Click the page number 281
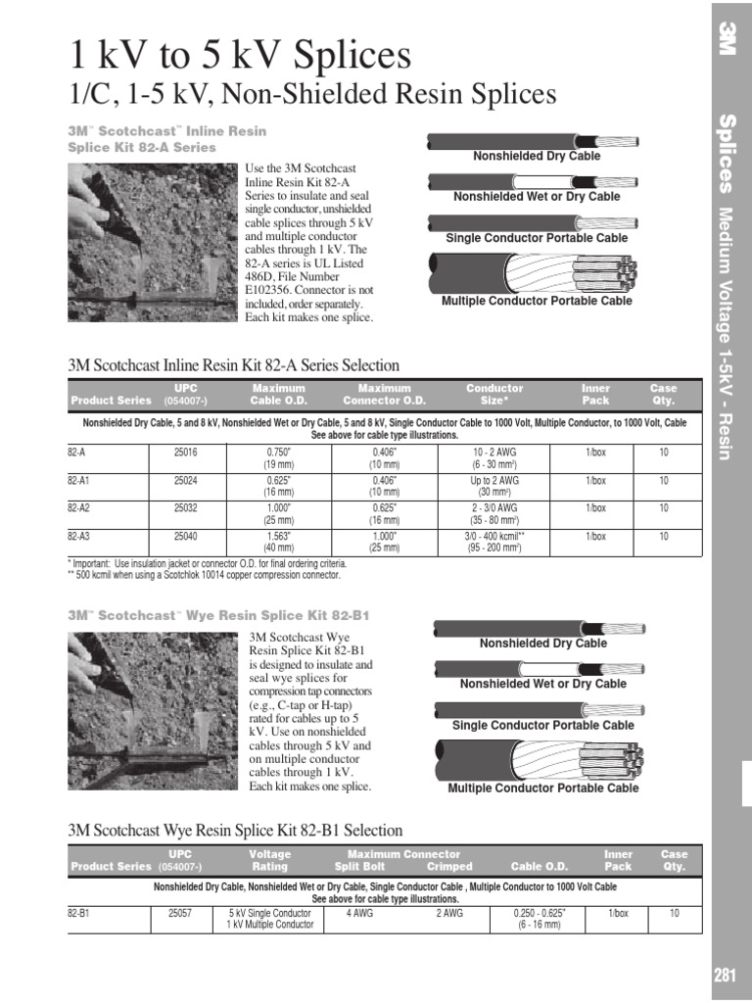point(725,975)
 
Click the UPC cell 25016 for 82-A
point(185,453)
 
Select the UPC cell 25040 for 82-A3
point(185,536)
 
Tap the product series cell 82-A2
point(77,508)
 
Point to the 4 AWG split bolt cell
point(361,913)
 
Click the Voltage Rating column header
point(269,860)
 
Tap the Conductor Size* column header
point(493,394)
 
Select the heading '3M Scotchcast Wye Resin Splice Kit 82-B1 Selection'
point(236,830)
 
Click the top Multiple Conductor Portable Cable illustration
point(534,271)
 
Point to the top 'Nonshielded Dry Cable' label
point(537,156)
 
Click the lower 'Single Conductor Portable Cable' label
point(542,726)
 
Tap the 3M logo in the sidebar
point(726,37)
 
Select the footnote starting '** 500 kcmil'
point(204,575)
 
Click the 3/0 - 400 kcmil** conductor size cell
point(493,542)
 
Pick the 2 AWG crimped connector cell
point(449,913)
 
